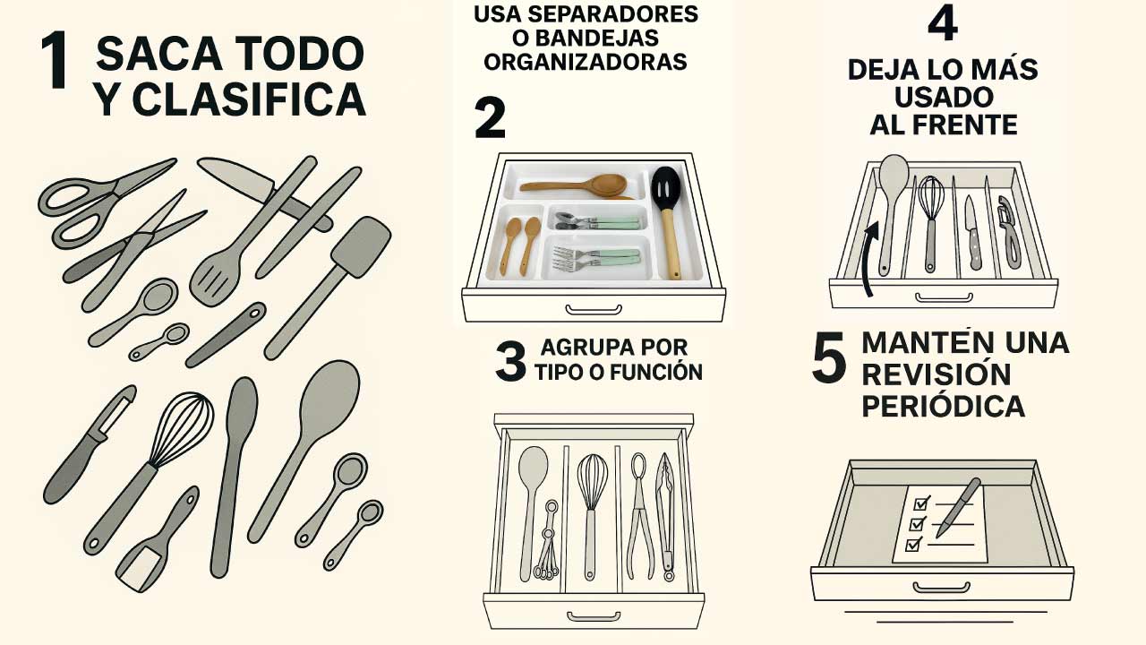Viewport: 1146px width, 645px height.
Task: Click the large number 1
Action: [x=55, y=60]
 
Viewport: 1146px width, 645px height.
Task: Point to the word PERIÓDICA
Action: [x=944, y=407]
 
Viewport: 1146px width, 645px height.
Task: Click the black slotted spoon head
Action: [x=665, y=187]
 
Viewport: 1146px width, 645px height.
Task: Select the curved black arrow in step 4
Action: [x=868, y=259]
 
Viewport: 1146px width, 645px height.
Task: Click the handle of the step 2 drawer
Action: [x=594, y=310]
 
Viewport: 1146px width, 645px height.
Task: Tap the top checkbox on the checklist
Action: [x=921, y=503]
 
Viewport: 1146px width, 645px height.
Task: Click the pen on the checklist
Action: [x=958, y=507]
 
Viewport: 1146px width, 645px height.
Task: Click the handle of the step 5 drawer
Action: [x=942, y=587]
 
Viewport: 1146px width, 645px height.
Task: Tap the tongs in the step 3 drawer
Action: [x=666, y=516]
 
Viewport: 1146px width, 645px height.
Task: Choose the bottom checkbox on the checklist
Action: [x=913, y=545]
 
